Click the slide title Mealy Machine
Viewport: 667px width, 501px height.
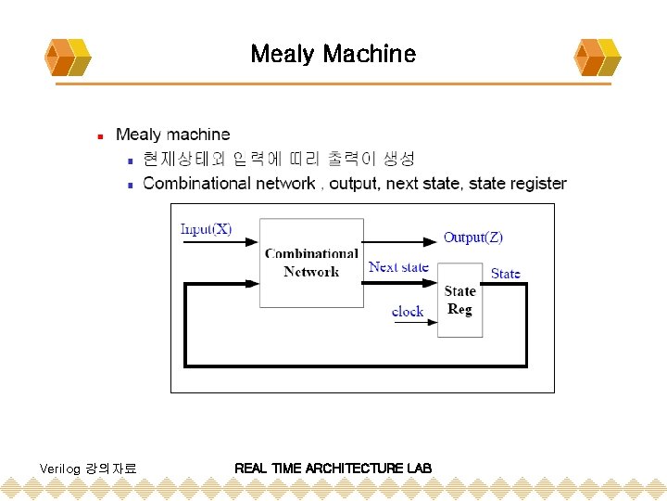pos(333,54)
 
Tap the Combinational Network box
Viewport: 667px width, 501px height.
pos(311,263)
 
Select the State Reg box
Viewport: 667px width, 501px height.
pos(459,300)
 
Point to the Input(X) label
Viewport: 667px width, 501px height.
pos(206,228)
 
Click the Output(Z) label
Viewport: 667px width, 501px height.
pos(472,238)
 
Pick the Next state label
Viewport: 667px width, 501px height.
pos(398,267)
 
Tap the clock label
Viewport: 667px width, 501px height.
pos(408,312)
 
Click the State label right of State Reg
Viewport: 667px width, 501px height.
pos(506,273)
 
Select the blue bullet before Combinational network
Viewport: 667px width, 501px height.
pos(131,185)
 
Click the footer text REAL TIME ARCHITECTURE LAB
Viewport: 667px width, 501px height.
pos(333,469)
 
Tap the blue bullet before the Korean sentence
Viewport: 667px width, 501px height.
pos(131,160)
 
